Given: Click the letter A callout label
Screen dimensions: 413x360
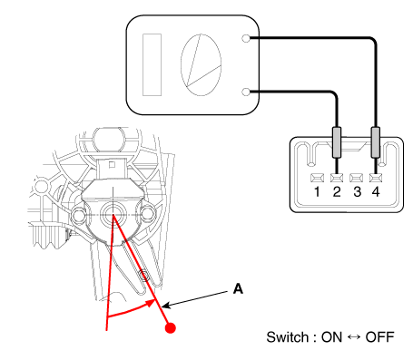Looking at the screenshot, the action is [238, 289].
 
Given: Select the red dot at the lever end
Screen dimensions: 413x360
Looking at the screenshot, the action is [171, 328].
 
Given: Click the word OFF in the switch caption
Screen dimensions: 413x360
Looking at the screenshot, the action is [379, 337].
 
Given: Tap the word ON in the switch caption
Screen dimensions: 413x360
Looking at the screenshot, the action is [331, 337].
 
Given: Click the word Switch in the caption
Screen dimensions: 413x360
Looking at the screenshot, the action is [287, 337].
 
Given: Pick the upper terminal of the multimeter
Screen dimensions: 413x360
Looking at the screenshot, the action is [246, 38].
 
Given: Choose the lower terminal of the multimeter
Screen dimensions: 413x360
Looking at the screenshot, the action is [246, 92].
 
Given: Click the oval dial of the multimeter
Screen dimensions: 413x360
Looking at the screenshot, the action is [201, 64].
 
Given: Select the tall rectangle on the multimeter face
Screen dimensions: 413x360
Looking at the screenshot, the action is [152, 64].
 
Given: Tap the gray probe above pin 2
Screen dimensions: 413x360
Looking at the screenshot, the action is [337, 142].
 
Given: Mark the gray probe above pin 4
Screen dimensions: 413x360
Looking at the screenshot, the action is [376, 142].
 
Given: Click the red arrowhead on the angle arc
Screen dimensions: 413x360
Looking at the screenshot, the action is [151, 303].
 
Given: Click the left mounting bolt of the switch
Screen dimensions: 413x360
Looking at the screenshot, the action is [78, 215].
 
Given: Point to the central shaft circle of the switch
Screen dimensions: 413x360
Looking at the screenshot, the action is [113, 215].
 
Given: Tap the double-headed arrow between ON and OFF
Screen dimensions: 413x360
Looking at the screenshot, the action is [354, 337].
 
